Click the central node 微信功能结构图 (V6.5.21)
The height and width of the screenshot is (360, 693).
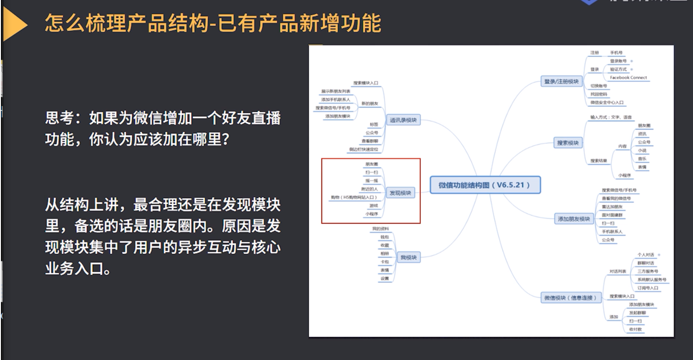point(485,185)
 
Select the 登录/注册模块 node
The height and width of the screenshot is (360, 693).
point(561,81)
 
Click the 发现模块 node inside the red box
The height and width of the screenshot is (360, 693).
point(400,193)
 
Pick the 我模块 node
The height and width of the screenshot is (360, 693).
point(409,257)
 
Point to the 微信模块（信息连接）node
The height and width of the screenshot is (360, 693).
point(570,297)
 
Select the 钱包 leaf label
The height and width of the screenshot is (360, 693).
point(385,237)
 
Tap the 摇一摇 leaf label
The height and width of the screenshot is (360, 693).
point(372,180)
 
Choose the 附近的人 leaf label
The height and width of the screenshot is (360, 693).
point(369,188)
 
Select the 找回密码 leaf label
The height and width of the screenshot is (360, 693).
point(599,94)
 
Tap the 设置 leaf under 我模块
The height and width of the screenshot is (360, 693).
point(385,279)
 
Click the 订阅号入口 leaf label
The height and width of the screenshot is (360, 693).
point(648,288)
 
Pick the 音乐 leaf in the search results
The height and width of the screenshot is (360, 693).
point(642,159)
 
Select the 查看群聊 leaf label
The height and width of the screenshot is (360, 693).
point(369,141)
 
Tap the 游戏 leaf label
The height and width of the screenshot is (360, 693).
point(374,205)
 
